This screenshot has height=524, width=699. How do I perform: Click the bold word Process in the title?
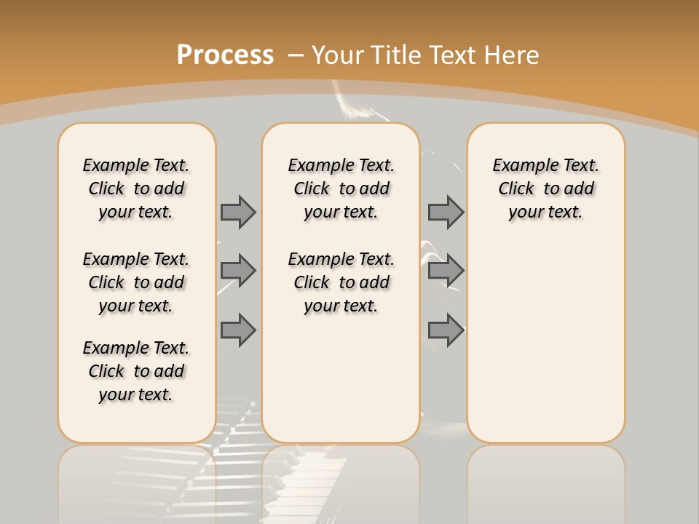225,55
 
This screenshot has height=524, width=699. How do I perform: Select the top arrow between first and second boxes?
238,212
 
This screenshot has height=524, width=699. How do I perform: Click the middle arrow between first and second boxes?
238,271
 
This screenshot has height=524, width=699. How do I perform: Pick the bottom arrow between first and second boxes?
238,330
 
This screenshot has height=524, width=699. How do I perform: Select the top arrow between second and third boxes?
446,212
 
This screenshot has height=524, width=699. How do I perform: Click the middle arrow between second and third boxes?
446,271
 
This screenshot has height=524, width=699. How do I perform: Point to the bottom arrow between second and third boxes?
446,330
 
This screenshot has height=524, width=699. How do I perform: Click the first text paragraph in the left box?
136,188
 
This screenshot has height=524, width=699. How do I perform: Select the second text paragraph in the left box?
136,282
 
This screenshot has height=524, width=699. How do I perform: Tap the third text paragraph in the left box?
136,371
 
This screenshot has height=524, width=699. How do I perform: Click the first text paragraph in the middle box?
341,188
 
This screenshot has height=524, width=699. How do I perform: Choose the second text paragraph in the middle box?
341,282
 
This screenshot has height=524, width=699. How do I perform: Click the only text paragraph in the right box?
545,188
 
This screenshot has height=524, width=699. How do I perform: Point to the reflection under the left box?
137,480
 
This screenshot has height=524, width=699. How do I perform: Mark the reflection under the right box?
545,480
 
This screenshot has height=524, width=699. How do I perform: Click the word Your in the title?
338,55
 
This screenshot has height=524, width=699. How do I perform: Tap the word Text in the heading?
451,55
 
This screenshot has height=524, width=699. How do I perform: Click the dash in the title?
296,55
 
